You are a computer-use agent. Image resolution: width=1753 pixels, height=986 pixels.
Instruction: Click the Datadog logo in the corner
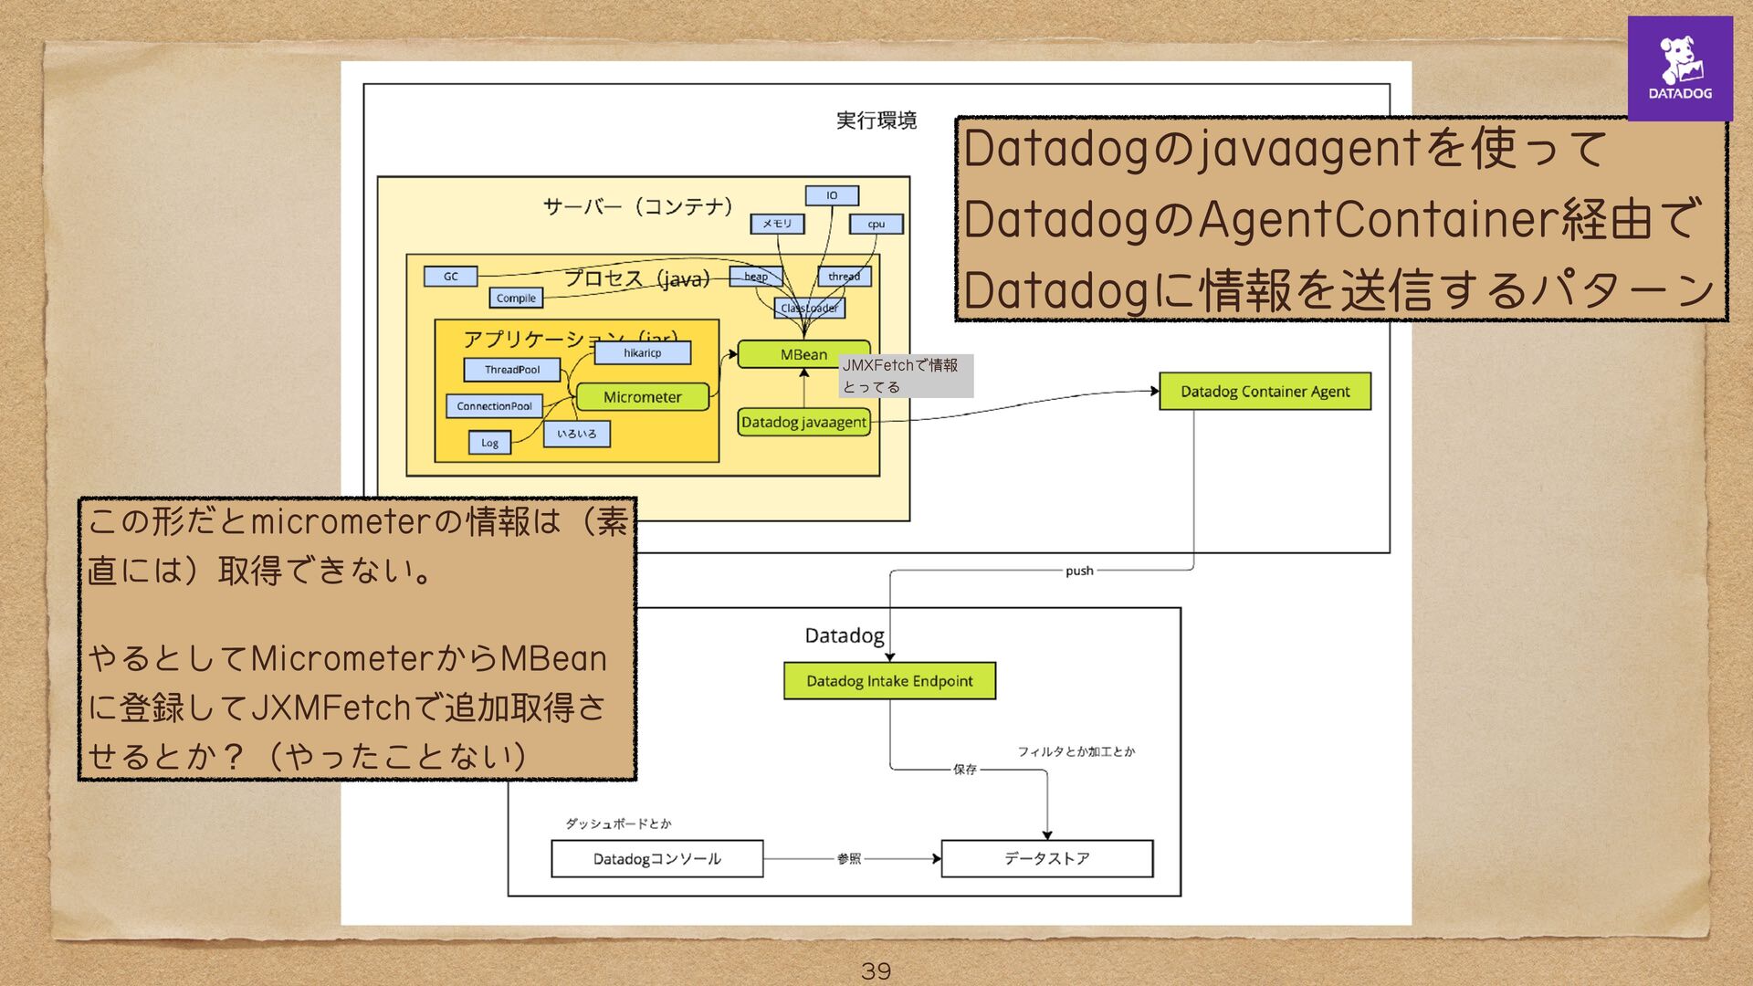(1679, 68)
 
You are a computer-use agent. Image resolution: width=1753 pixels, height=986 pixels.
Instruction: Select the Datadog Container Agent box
(1265, 391)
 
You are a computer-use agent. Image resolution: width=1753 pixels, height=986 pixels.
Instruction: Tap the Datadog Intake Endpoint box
(889, 681)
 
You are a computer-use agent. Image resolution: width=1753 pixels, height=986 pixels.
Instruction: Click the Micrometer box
(642, 397)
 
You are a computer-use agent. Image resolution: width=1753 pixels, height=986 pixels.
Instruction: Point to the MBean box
(803, 354)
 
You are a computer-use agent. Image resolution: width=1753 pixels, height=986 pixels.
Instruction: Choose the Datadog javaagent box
(803, 422)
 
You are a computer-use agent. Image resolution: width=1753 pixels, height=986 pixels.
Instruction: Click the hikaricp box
(642, 352)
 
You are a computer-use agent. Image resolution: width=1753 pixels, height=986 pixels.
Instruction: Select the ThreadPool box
(511, 370)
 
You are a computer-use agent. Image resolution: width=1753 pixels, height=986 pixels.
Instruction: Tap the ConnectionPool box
(494, 406)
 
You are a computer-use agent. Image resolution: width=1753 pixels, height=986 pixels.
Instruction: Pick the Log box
(489, 443)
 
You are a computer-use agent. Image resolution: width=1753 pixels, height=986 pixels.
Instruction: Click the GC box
(450, 276)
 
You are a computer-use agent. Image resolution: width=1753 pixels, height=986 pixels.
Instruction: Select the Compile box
(516, 298)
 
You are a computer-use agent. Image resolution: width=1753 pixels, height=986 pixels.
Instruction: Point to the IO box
(832, 195)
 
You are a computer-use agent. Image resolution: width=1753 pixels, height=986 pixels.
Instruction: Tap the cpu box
(876, 224)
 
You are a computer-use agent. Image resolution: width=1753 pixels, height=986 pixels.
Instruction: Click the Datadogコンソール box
(656, 858)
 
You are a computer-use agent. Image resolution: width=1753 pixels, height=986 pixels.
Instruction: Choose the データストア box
(1046, 858)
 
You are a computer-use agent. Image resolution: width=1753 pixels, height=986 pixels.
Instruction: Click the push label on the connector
(1079, 571)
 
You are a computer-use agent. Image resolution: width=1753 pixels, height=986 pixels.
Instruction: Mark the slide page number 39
(876, 970)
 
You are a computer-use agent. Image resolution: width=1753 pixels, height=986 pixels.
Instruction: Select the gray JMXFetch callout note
(906, 375)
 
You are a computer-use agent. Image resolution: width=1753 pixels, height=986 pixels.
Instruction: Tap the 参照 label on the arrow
(849, 858)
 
